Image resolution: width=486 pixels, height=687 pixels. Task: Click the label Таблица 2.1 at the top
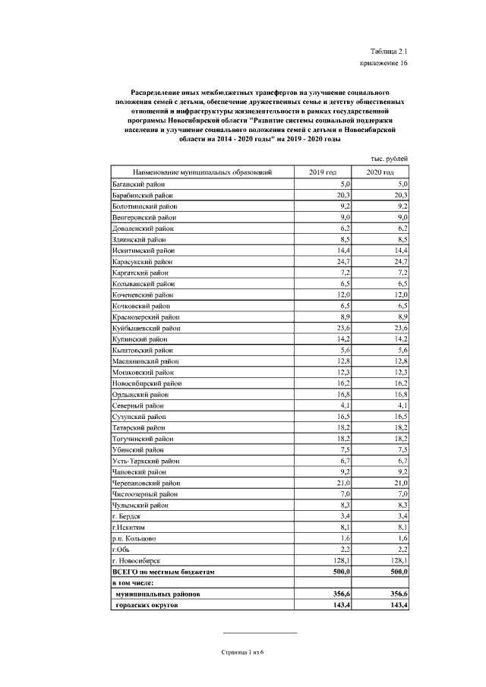388,49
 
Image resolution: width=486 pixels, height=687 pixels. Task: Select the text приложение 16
384,63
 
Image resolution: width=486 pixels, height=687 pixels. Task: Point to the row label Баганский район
139,184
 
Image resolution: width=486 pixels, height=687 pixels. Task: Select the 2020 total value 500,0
398,571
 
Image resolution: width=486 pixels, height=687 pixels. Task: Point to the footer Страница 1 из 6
241,652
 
